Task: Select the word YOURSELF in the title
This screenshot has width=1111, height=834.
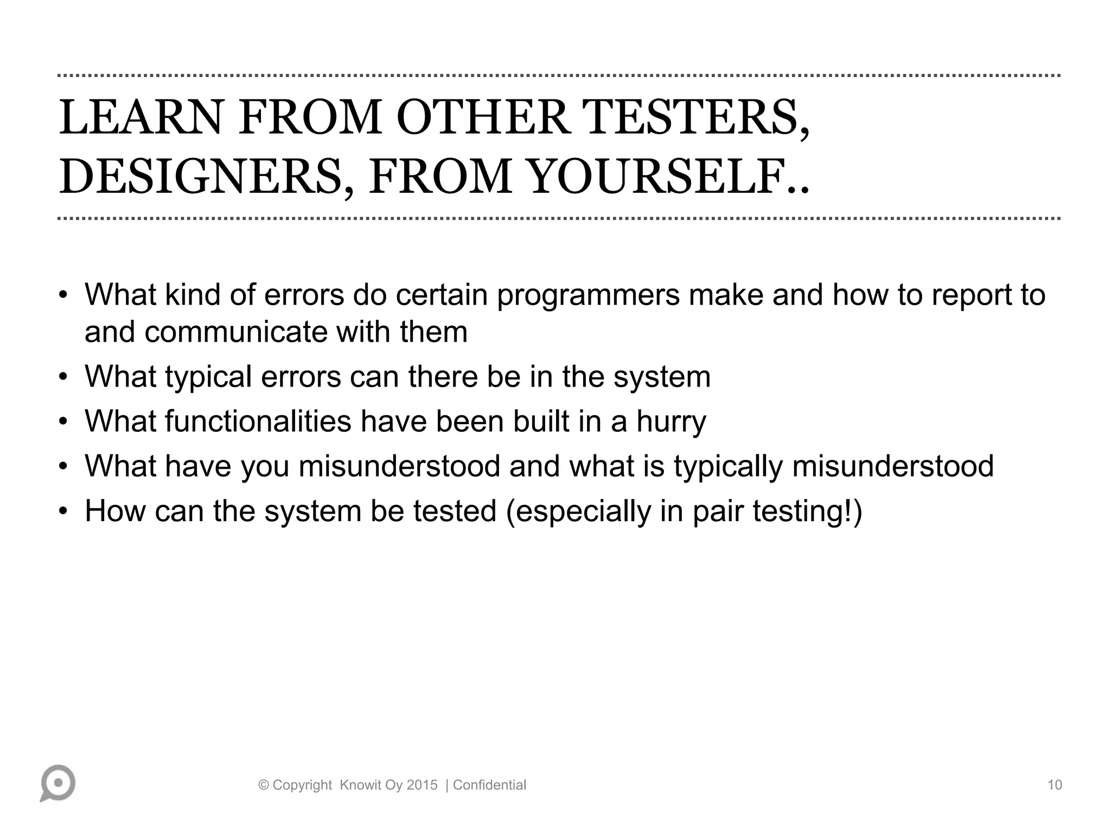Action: [662, 177]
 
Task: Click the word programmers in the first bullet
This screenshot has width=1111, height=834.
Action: [588, 295]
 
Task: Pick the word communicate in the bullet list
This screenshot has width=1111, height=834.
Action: [236, 332]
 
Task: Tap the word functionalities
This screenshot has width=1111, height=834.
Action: [258, 421]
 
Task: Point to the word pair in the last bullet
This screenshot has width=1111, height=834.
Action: [718, 511]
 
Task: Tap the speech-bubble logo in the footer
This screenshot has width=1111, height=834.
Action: [58, 784]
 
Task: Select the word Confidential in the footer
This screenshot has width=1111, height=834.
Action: [489, 785]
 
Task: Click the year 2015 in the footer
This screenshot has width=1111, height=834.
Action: [422, 785]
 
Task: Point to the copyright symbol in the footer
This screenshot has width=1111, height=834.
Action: [264, 785]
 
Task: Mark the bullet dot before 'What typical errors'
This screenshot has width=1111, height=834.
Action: [63, 377]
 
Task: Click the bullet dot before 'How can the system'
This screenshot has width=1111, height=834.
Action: [63, 512]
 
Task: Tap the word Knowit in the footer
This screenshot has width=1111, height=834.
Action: [361, 785]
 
